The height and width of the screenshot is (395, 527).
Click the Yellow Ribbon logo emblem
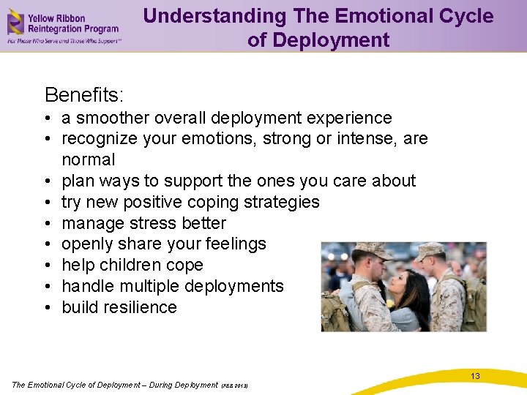tap(15, 22)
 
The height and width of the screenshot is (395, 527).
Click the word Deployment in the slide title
tap(318, 39)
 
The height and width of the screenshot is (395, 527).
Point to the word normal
tap(89, 159)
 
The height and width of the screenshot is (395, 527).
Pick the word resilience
tap(141, 307)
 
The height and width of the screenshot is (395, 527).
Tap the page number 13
tap(475, 376)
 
